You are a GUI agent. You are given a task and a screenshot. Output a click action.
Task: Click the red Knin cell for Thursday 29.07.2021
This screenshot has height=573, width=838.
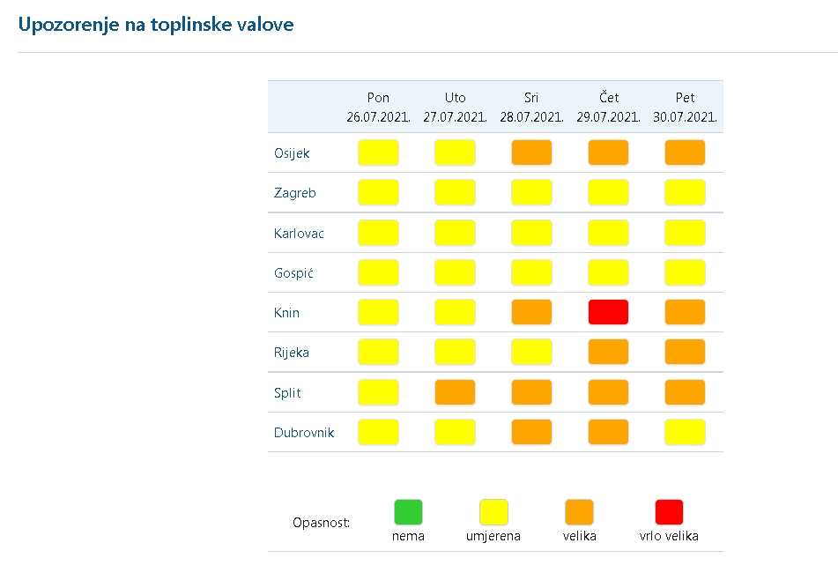(x=608, y=312)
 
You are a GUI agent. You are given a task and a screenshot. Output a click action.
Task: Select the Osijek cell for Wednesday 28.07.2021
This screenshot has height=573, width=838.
(x=531, y=153)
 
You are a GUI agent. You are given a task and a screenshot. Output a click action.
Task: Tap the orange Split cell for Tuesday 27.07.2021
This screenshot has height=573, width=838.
(x=455, y=392)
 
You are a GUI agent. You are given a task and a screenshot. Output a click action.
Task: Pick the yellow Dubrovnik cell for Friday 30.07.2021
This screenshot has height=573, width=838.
(x=685, y=432)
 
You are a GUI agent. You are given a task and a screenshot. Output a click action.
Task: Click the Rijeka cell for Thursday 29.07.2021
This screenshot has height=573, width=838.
(x=608, y=352)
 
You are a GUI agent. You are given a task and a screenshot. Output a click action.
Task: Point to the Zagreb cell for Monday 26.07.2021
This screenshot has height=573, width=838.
(x=378, y=192)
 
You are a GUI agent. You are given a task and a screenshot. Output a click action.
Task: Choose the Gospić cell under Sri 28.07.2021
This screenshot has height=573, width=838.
(x=531, y=272)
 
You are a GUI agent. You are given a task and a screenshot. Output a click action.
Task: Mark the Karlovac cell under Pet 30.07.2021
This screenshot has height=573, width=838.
(x=685, y=233)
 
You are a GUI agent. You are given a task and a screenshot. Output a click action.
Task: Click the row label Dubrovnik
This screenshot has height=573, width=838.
(x=303, y=433)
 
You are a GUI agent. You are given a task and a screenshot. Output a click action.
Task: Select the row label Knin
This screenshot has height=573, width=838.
(x=286, y=313)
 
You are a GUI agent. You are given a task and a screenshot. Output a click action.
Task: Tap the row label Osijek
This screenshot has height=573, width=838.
(x=292, y=153)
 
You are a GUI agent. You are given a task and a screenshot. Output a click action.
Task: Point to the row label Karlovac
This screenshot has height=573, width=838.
(x=299, y=234)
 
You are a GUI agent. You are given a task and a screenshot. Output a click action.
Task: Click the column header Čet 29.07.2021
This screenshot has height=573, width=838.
(x=608, y=107)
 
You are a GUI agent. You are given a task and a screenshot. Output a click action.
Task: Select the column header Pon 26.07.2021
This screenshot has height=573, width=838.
(x=378, y=107)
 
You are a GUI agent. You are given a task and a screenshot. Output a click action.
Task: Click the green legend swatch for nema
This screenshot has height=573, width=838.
(x=408, y=512)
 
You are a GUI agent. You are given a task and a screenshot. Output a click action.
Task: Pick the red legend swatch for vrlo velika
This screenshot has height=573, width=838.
(x=669, y=512)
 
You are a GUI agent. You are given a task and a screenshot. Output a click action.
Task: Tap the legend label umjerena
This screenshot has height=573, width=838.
(x=493, y=536)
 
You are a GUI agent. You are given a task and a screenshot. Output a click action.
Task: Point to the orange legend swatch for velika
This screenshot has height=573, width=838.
(x=579, y=512)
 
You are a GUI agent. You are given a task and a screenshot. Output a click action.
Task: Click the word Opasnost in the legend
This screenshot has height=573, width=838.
(x=322, y=523)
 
